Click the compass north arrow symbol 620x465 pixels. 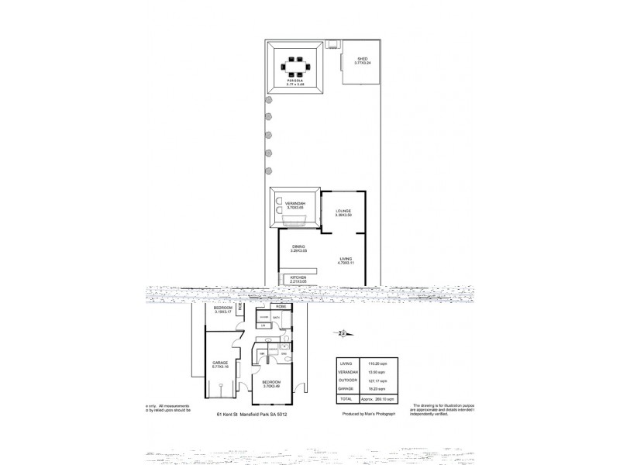click(x=344, y=334)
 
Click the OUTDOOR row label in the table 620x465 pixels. click(x=346, y=381)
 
